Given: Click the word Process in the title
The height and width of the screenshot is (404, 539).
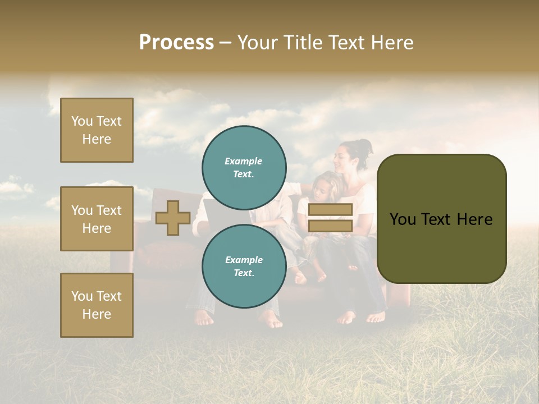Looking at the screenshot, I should (x=176, y=43).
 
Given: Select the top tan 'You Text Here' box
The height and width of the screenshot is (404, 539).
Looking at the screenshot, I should (x=97, y=130).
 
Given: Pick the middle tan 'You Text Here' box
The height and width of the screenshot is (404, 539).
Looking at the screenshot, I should (x=97, y=219).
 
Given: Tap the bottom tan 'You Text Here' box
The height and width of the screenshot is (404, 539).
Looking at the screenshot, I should (x=97, y=305).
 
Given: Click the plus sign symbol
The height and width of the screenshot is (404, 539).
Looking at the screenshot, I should (x=173, y=218).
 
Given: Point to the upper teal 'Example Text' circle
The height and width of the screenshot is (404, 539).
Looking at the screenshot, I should (x=244, y=167).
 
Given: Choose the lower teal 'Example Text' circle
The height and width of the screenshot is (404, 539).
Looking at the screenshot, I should (x=244, y=266).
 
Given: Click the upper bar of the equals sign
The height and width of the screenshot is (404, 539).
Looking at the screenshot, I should (x=330, y=209).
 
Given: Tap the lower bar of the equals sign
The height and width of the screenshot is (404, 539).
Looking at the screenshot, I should (x=330, y=226).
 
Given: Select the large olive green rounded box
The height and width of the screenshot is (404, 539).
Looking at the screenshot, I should (x=441, y=219).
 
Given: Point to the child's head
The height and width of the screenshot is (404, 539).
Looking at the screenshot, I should (x=326, y=186).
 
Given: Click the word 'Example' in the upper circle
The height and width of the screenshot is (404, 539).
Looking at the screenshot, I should (x=244, y=161).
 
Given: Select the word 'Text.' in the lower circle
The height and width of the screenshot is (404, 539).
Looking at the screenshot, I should (x=244, y=273).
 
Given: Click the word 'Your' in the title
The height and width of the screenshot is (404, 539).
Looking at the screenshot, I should (x=259, y=43).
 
